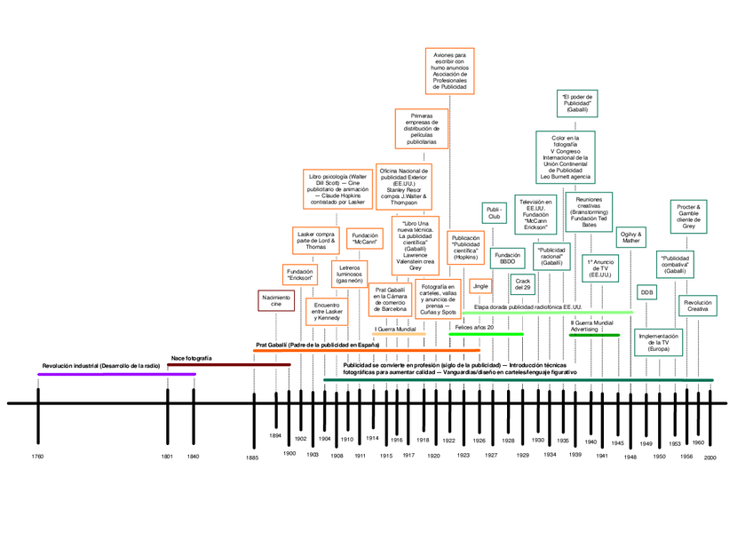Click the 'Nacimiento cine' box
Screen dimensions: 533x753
click(x=276, y=300)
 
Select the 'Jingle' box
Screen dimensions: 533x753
click(x=481, y=286)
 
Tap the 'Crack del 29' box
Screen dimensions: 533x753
click(x=522, y=284)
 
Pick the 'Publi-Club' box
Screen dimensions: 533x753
click(x=495, y=213)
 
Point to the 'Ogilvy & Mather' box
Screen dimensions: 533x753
click(x=631, y=237)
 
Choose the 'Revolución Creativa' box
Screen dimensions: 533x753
click(x=698, y=305)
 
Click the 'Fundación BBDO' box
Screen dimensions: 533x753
click(x=507, y=258)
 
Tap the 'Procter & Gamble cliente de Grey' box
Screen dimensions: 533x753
click(x=689, y=217)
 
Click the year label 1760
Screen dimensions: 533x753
click(x=37, y=457)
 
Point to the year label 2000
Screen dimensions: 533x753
click(x=710, y=457)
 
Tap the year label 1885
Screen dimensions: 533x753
click(x=253, y=457)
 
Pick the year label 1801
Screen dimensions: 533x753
click(x=168, y=457)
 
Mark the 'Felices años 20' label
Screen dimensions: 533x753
click(x=474, y=327)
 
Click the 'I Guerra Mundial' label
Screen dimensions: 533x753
click(x=394, y=330)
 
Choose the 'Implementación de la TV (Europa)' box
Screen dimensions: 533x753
click(x=659, y=342)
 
